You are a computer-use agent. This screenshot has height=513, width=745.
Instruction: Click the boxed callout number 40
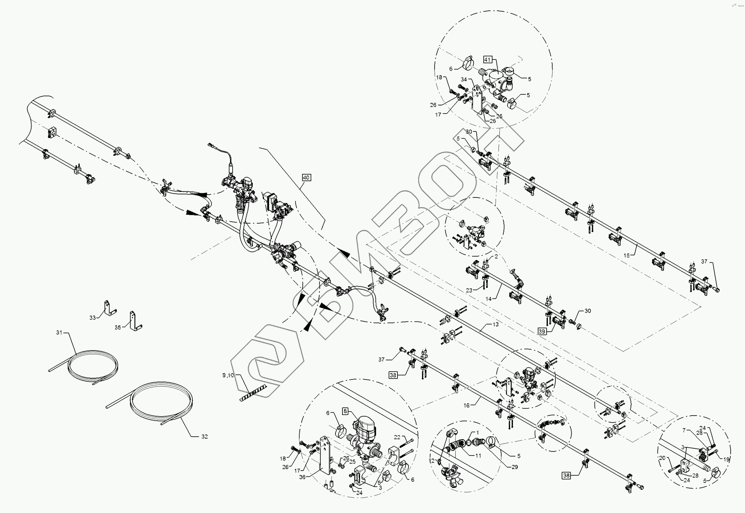coord(306,177)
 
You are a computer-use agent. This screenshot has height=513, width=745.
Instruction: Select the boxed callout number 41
coord(487,60)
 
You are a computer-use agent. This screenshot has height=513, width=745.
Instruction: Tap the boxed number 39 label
coord(542,331)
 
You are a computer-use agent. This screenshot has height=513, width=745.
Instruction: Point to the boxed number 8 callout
coord(345,411)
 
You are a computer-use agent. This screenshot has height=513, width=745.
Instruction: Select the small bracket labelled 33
coord(109,308)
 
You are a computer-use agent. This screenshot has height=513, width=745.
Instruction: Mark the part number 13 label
coord(495,324)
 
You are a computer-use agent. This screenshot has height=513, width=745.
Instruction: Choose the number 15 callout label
coord(627,256)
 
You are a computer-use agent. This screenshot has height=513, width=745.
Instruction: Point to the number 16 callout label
coord(466,406)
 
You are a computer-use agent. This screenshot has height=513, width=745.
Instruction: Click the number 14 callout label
coord(489,299)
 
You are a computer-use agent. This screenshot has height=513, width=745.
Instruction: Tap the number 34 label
coord(464,79)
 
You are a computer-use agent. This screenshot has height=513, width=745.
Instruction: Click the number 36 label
coord(302,477)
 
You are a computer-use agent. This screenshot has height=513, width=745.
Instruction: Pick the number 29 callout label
coord(514,467)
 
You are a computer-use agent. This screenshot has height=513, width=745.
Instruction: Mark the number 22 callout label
coord(397,437)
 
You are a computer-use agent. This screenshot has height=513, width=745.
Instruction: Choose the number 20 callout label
coord(662,458)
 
